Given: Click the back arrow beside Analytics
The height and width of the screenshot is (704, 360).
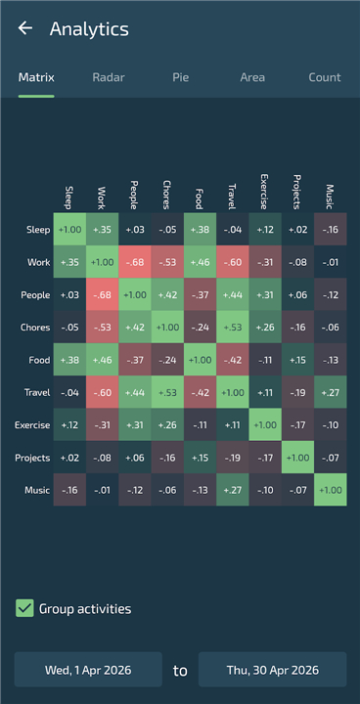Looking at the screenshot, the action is (25, 27).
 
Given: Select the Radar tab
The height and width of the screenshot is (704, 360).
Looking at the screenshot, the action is (109, 77).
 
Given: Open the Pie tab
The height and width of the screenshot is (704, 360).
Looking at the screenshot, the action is (180, 77).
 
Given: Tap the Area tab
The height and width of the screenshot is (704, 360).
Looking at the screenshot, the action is (252, 77).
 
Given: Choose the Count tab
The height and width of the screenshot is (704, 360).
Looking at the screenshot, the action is (325, 77).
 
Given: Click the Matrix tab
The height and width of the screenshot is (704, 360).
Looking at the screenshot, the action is (36, 77).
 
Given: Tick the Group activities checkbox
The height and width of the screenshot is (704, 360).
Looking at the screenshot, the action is (24, 608).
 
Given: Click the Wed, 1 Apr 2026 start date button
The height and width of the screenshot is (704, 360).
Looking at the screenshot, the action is (88, 670).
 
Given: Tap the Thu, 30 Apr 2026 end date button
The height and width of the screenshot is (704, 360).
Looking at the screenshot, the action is (272, 670).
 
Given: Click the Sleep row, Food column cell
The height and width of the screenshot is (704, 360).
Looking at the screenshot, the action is (200, 230).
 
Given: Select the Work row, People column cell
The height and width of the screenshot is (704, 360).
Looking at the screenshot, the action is (135, 262).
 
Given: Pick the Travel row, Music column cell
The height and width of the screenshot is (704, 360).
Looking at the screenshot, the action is (331, 392).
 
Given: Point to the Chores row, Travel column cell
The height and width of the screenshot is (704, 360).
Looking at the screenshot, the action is (233, 327).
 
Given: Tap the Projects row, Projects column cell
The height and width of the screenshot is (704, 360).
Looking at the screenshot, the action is (297, 457).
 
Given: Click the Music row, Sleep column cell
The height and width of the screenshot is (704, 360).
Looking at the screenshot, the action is (69, 490).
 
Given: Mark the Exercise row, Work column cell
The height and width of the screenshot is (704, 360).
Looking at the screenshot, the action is (103, 424).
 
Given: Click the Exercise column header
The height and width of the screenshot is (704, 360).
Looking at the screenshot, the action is (264, 192).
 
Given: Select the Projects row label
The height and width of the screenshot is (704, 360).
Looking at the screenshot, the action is (32, 458).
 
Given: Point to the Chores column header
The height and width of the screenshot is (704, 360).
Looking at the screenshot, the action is (166, 195).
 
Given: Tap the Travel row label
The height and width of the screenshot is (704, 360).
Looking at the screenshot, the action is (37, 392).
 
